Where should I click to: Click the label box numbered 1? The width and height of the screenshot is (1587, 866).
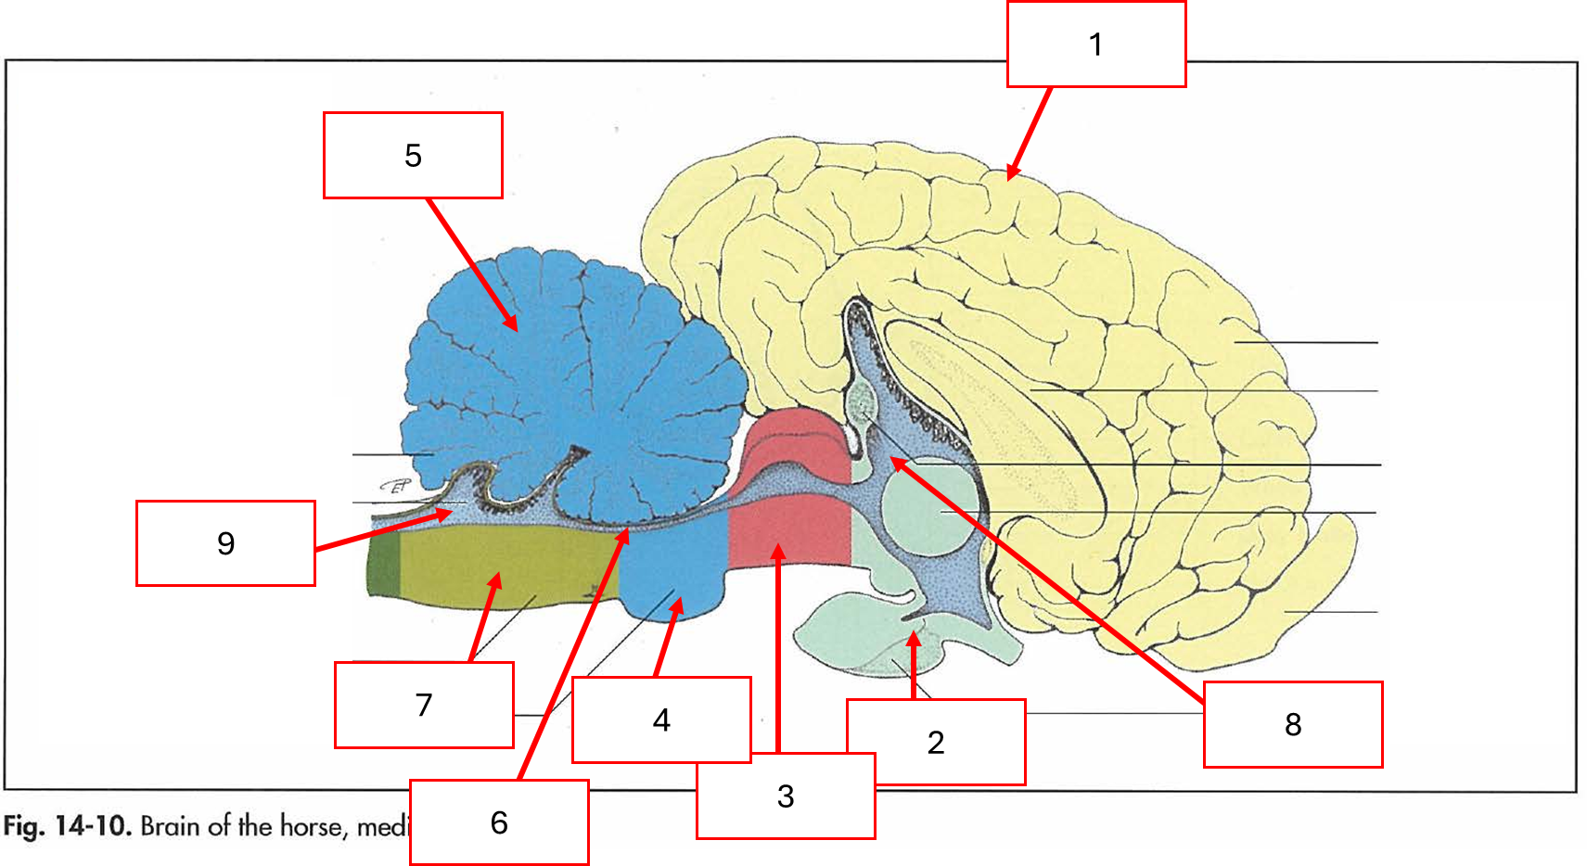coord(1095,45)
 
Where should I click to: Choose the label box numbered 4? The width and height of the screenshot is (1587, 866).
coord(661,720)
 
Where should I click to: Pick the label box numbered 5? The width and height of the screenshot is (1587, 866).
coord(413,155)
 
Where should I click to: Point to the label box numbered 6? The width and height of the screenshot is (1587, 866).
coord(499,822)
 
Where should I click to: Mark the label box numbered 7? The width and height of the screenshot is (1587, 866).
coord(424,705)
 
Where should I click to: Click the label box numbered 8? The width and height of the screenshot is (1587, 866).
coord(1293,724)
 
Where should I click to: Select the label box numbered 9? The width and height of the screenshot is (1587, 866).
coord(225,543)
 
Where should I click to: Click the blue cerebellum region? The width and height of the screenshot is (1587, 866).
coord(575,371)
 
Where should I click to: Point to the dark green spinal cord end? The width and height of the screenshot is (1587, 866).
coord(384,566)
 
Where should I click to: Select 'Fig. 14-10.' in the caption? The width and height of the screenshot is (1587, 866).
coord(65,825)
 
